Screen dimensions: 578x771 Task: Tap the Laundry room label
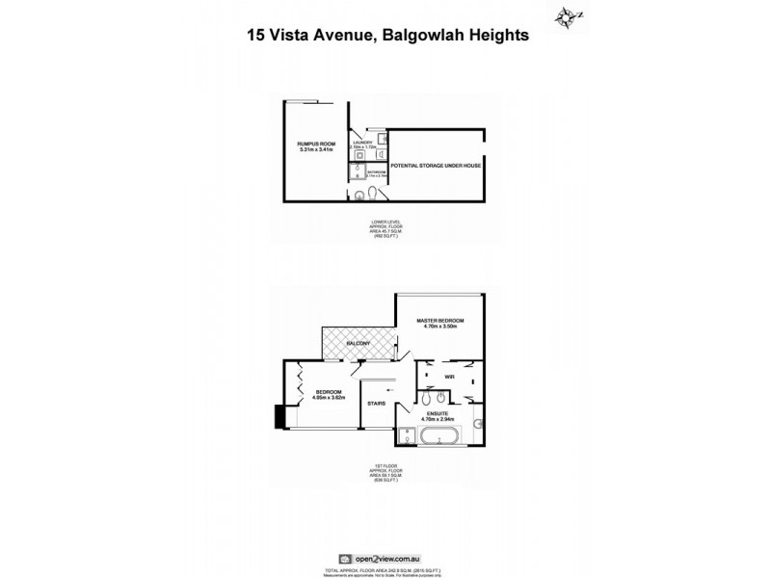[x=362, y=143]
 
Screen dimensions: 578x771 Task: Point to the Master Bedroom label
[x=441, y=320]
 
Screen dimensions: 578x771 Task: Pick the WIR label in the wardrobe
[x=449, y=377]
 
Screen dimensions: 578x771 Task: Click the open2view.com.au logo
[x=385, y=557]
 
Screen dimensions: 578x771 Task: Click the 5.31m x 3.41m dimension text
[x=316, y=149]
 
